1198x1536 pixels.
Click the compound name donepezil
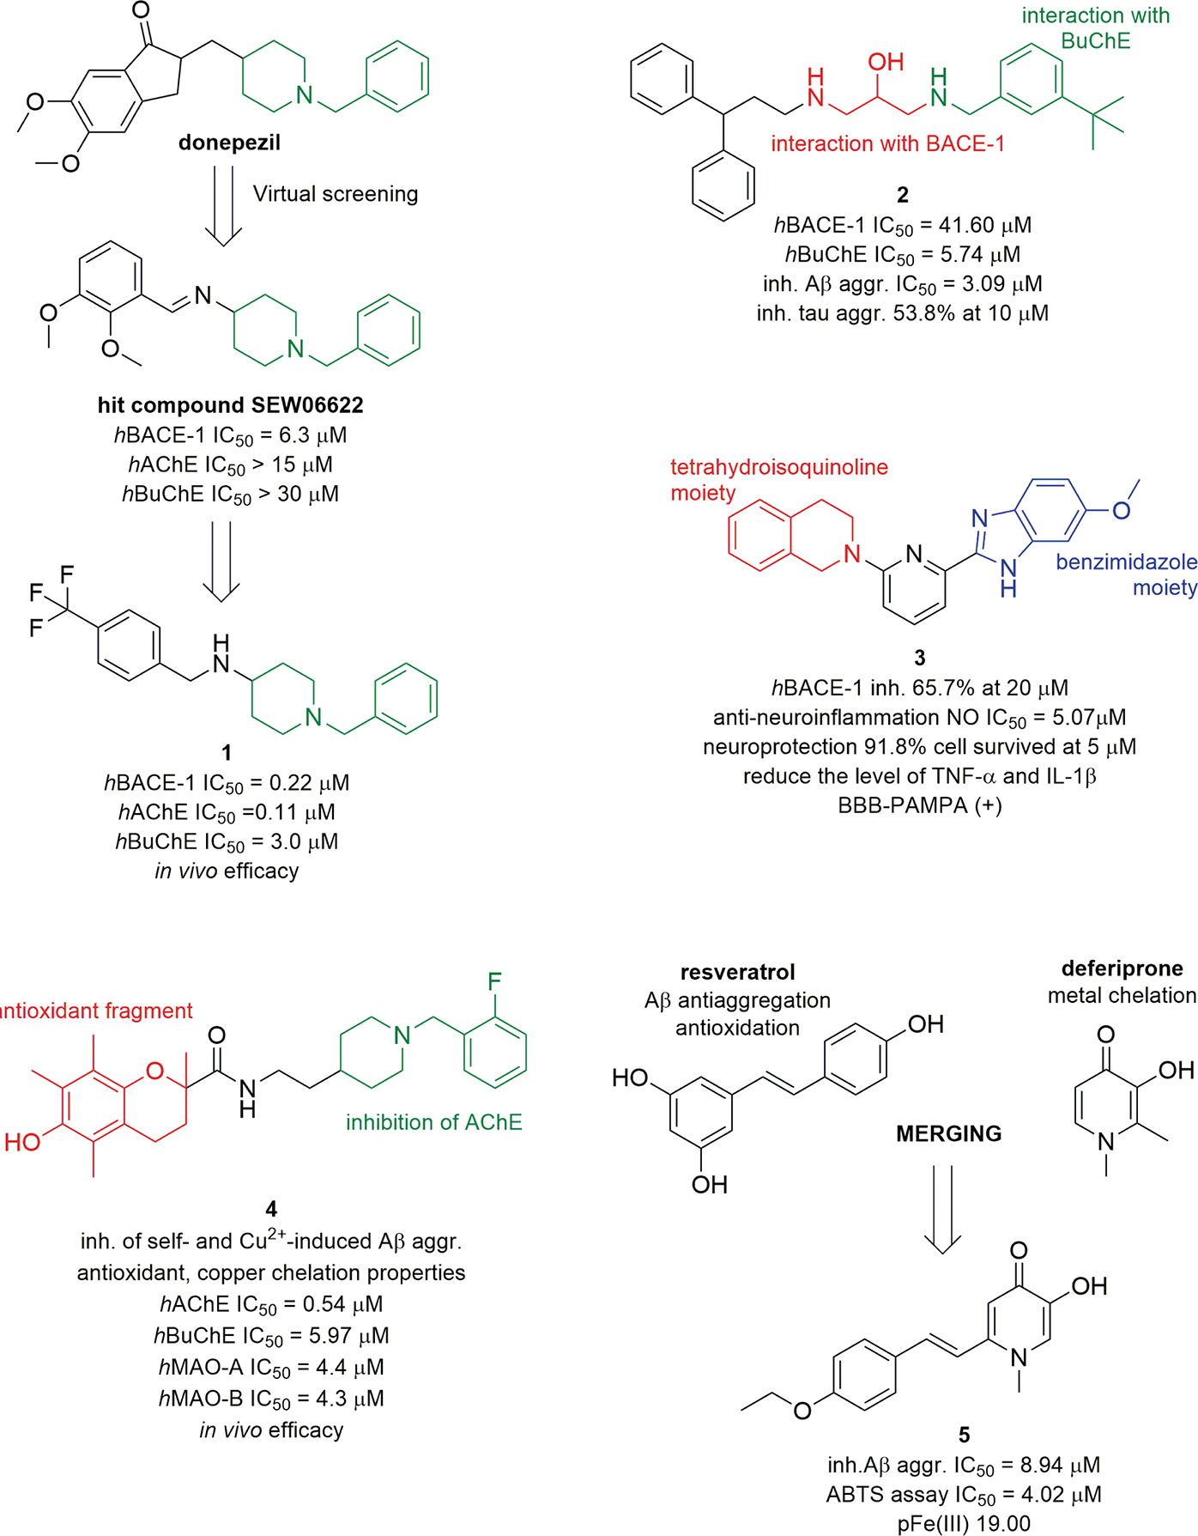pyautogui.click(x=229, y=143)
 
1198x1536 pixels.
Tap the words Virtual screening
pyautogui.click(x=335, y=194)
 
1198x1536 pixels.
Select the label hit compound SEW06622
pyautogui.click(x=230, y=404)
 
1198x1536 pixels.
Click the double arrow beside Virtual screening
pyautogui.click(x=222, y=205)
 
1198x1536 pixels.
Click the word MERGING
pyautogui.click(x=948, y=1134)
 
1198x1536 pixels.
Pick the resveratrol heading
pyautogui.click(x=737, y=972)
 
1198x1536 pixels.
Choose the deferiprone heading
pyautogui.click(x=1122, y=968)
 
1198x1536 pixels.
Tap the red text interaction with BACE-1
pyautogui.click(x=887, y=143)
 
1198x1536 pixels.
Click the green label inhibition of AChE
pyautogui.click(x=433, y=1122)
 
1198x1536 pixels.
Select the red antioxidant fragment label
pyautogui.click(x=96, y=1011)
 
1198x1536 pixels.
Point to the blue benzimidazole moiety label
pyautogui.click(x=1126, y=574)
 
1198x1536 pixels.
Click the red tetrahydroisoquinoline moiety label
pyautogui.click(x=778, y=479)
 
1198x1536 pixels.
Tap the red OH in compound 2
pyautogui.click(x=886, y=62)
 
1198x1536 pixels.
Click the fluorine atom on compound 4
pyautogui.click(x=494, y=981)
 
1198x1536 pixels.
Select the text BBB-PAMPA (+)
pyautogui.click(x=919, y=805)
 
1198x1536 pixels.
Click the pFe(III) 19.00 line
pyautogui.click(x=964, y=1524)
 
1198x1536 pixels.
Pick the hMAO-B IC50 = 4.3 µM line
pyautogui.click(x=271, y=1399)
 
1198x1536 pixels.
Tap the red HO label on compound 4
pyautogui.click(x=22, y=1142)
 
